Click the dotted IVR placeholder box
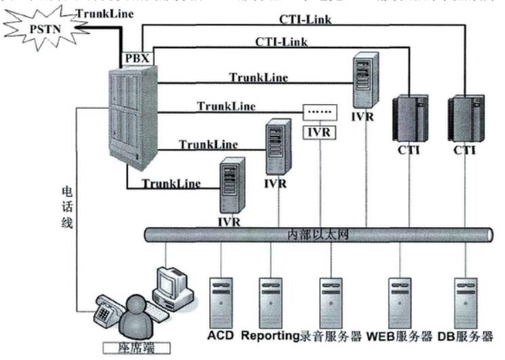coord(318,111)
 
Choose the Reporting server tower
coord(270,299)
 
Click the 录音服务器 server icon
coord(330,299)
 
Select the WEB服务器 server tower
coord(400,299)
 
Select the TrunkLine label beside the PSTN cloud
coord(98,13)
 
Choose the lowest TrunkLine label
coord(171,182)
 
